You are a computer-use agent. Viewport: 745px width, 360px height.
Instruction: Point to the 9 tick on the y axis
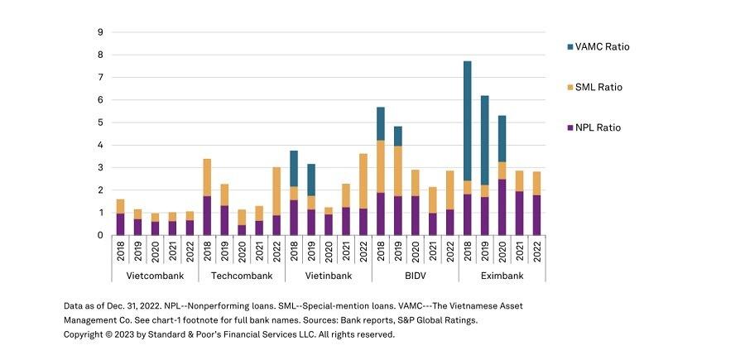pyautogui.click(x=100, y=32)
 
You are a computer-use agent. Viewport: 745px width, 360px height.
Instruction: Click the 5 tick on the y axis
pyautogui.click(x=100, y=122)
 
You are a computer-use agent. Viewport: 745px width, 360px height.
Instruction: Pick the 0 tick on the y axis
pyautogui.click(x=100, y=235)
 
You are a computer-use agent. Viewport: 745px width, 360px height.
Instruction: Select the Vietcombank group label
pyautogui.click(x=155, y=275)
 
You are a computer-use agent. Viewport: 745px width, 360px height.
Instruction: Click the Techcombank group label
pyautogui.click(x=242, y=275)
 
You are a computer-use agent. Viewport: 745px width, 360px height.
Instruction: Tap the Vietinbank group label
pyautogui.click(x=328, y=275)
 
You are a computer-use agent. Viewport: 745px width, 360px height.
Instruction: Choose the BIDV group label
pyautogui.click(x=415, y=275)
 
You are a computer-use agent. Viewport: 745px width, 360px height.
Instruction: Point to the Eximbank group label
pyautogui.click(x=502, y=275)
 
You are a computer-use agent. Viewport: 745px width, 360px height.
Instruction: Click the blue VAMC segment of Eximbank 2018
pyautogui.click(x=467, y=121)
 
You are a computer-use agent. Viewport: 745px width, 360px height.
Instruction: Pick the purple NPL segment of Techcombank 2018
pyautogui.click(x=207, y=215)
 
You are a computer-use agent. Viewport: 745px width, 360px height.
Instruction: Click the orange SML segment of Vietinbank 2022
pyautogui.click(x=363, y=180)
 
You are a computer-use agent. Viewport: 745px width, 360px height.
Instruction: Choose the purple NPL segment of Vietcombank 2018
pyautogui.click(x=120, y=224)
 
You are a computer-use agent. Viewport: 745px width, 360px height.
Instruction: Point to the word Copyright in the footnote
pyautogui.click(x=86, y=334)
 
